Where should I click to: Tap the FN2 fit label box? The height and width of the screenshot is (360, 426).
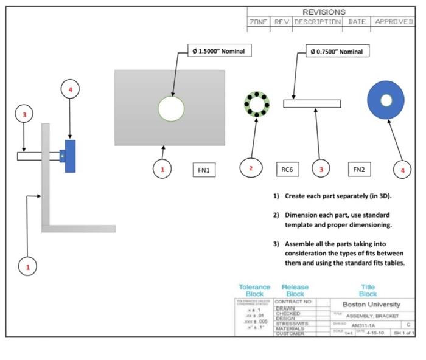pos(359,170)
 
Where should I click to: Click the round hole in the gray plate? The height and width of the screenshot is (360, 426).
pos(171,109)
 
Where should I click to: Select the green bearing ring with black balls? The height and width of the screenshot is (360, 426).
pos(256,105)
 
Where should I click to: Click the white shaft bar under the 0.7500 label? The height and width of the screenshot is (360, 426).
pos(312,103)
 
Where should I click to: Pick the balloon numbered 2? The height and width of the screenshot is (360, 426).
pos(251,168)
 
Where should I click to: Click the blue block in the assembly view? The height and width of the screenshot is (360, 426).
pos(70,156)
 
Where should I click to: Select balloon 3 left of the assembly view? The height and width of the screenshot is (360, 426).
pos(24,114)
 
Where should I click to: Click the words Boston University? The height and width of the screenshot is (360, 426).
pos(371,304)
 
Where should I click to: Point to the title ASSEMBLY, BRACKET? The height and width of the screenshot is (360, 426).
pos(372,316)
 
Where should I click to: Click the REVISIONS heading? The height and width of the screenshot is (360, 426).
pos(324,12)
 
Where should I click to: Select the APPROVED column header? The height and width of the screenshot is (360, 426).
pos(394,22)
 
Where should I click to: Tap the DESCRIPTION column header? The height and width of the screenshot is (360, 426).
pos(317,22)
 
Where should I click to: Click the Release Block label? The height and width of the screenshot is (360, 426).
pos(295,290)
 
